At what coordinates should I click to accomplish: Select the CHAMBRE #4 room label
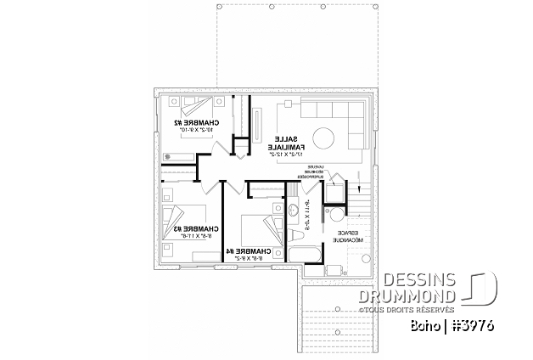[253, 251]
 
